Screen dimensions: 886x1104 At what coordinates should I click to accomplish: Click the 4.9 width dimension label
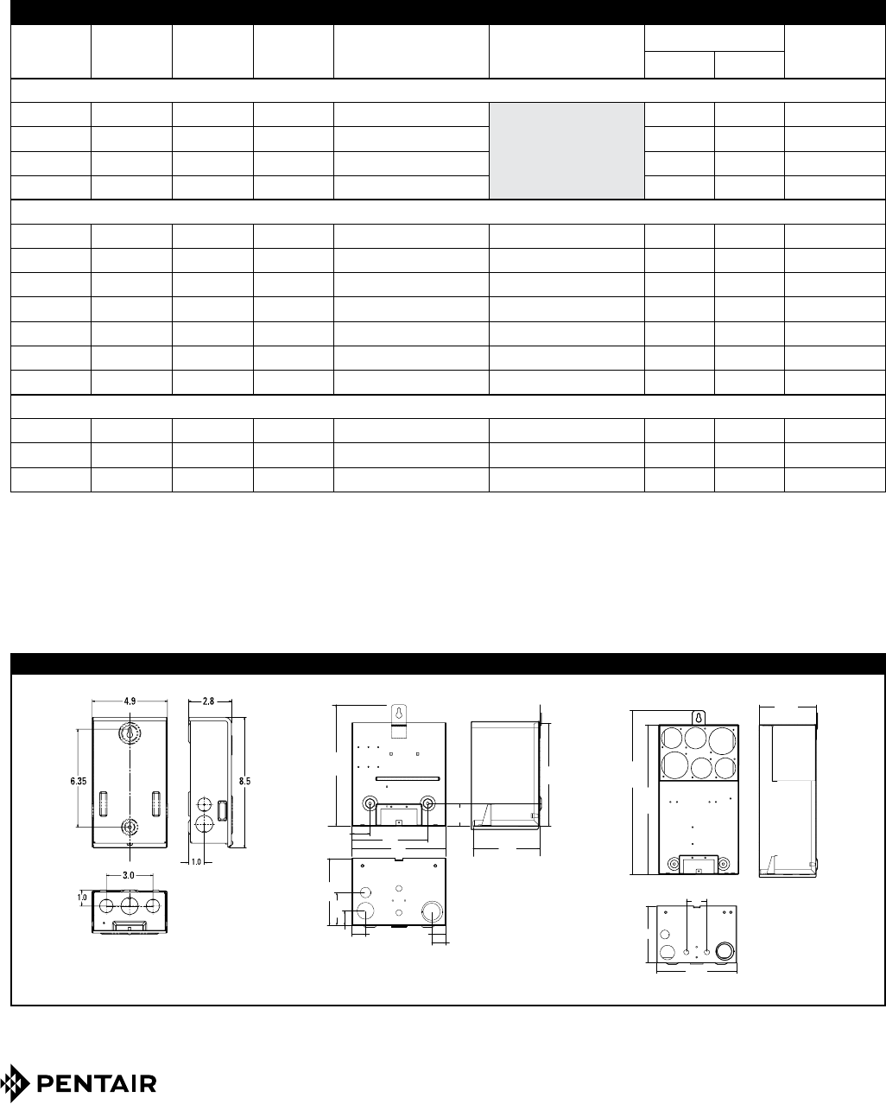pyautogui.click(x=130, y=701)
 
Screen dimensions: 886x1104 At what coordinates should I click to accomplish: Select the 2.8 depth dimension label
pyautogui.click(x=208, y=701)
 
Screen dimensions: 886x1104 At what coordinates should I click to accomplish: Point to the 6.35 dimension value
pyautogui.click(x=79, y=781)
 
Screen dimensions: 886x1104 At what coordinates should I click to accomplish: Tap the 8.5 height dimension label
pyautogui.click(x=244, y=781)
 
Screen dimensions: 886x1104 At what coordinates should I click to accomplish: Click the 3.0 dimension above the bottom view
pyautogui.click(x=129, y=875)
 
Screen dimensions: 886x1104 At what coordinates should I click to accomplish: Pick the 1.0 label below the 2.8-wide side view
pyautogui.click(x=196, y=862)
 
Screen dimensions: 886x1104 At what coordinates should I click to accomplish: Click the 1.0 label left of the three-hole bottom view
pyautogui.click(x=82, y=898)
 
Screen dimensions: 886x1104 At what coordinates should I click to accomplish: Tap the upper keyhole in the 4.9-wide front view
pyautogui.click(x=130, y=733)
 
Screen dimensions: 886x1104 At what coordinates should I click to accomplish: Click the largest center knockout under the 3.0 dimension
pyautogui.click(x=130, y=906)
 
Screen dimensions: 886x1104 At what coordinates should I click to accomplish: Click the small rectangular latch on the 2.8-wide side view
pyautogui.click(x=222, y=811)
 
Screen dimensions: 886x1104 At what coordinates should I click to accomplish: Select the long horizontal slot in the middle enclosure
pyautogui.click(x=408, y=778)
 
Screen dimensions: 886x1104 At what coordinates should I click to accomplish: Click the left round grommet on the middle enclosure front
pyautogui.click(x=370, y=803)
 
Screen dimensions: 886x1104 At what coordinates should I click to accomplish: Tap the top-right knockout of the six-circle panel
pyautogui.click(x=722, y=740)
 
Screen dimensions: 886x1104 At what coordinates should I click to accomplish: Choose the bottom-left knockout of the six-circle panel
pyautogui.click(x=672, y=765)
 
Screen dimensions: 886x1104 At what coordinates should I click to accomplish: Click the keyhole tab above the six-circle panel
pyautogui.click(x=699, y=718)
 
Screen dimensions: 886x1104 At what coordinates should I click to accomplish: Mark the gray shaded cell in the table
pyautogui.click(x=566, y=151)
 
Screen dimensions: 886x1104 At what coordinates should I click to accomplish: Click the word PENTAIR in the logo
pyautogui.click(x=97, y=1083)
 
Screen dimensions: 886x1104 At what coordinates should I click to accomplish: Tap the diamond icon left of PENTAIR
pyautogui.click(x=15, y=1083)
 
